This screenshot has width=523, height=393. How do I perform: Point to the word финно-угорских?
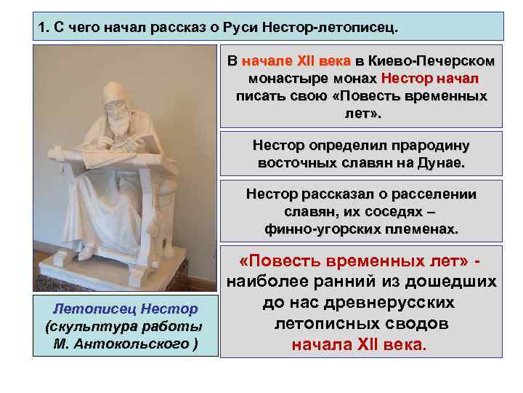(314, 229)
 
